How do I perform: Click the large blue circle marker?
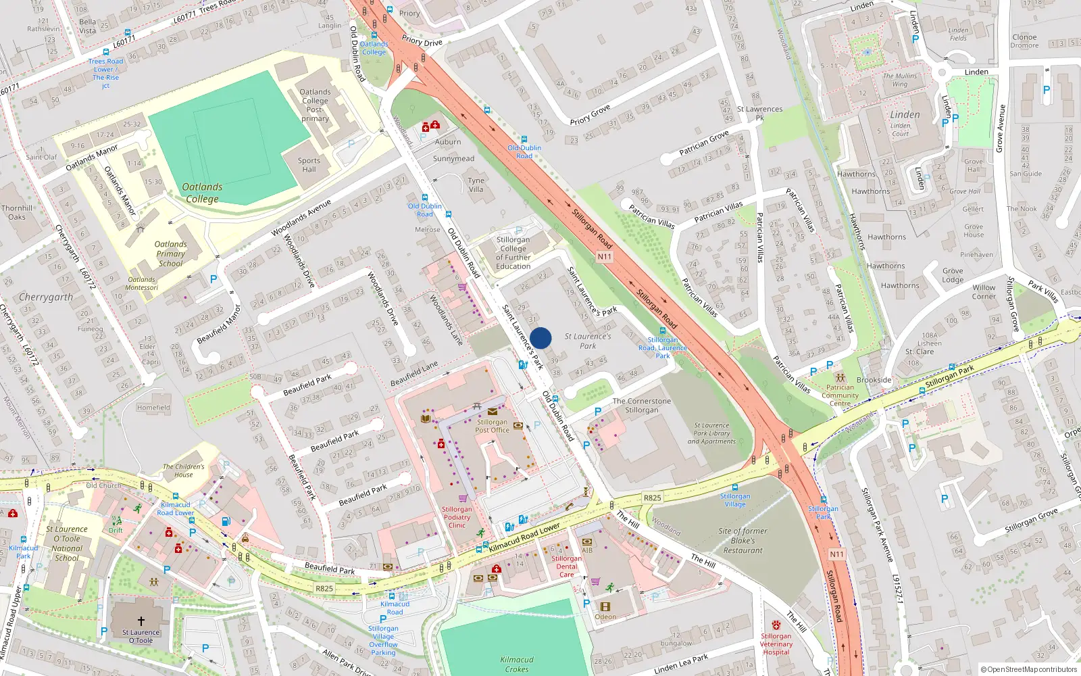point(540,338)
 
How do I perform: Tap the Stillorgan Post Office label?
point(492,426)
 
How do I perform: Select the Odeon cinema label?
point(605,617)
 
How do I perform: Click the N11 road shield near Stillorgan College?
point(604,257)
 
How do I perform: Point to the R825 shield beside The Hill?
point(652,498)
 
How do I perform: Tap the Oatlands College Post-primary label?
point(315,105)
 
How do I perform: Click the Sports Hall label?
point(309,165)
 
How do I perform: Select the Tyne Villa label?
point(476,185)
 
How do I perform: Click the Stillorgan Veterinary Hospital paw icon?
point(776,625)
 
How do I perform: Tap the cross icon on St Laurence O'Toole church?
point(141,621)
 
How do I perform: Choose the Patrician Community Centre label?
point(840,395)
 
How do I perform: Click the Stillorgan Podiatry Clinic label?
point(457,517)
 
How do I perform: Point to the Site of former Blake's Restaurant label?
point(743,541)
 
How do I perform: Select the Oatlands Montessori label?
point(143,283)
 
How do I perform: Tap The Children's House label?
point(183,470)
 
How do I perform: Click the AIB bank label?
point(587,550)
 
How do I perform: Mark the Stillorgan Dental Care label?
point(566,566)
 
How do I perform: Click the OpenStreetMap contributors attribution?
point(1028,669)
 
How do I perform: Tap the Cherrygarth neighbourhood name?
point(46,297)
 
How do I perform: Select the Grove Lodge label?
point(953,275)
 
